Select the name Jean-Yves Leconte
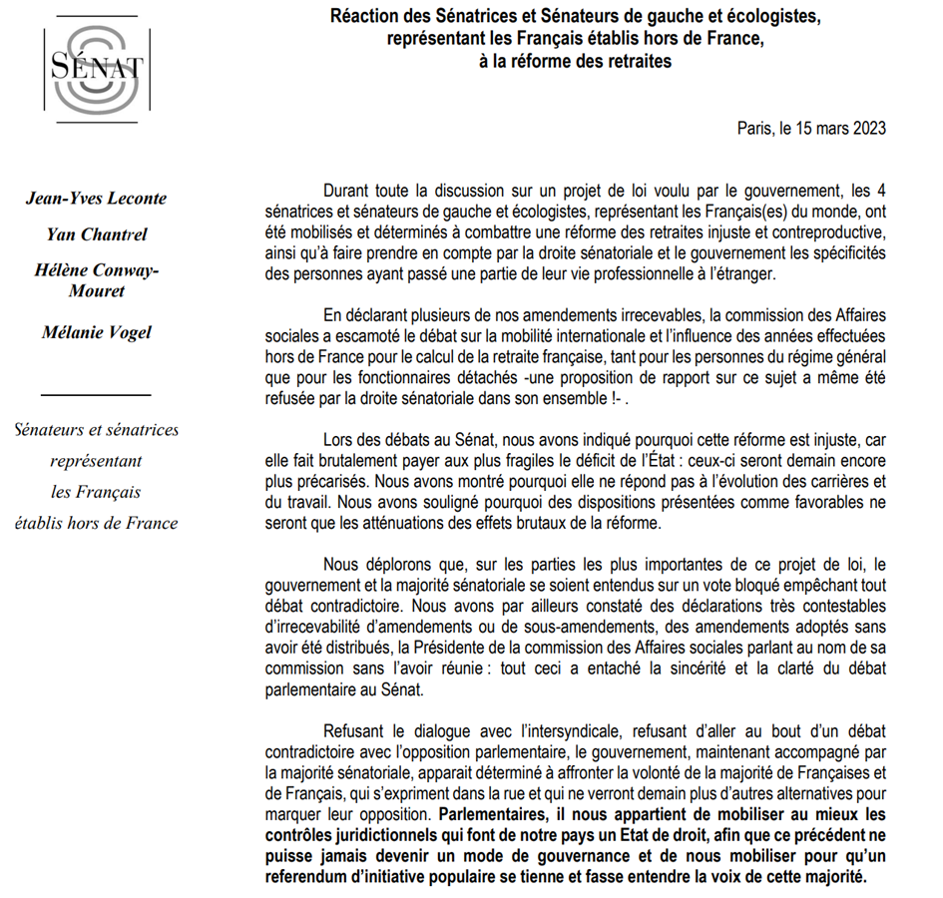(97, 198)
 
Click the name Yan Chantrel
(97, 234)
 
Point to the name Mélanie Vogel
(97, 331)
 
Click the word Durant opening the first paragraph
(348, 192)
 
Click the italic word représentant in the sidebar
(97, 461)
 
